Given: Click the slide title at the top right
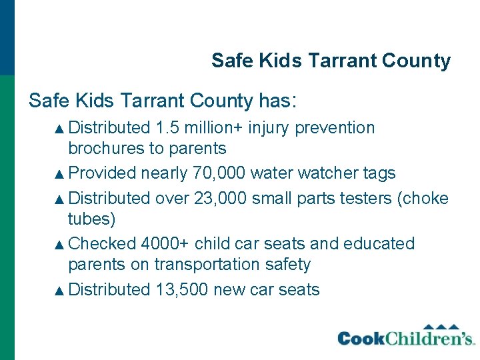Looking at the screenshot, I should coord(331,61).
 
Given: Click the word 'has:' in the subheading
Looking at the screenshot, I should coord(279,101).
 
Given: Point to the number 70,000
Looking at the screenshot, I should coord(218,173).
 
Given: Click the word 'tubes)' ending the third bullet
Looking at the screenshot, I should coord(91,219).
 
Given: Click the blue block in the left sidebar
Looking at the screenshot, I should coord(7,37).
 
